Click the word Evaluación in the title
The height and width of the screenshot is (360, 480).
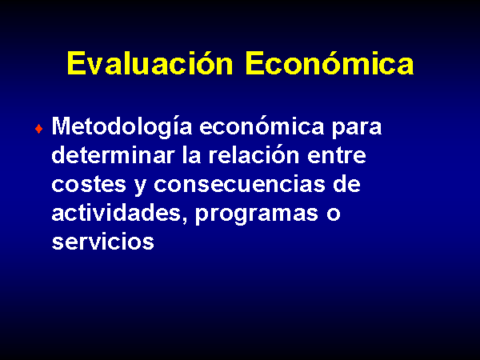150,62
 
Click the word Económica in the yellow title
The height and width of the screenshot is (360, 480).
330,62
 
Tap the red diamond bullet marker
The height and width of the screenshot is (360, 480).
39,129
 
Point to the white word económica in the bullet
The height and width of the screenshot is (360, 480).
262,126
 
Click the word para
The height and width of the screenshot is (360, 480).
357,129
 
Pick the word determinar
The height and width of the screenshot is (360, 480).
113,154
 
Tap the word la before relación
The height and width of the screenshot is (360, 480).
191,154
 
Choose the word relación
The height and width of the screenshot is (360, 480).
254,154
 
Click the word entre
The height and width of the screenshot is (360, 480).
337,155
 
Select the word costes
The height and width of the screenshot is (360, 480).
89,184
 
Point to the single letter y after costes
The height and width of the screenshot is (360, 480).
140,186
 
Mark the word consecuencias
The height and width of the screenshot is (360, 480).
239,184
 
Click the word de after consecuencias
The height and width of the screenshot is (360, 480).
346,183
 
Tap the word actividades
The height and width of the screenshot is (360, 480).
116,212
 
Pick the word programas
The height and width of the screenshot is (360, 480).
257,214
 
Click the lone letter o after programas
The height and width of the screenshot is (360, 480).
334,214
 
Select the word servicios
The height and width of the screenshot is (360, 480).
103,241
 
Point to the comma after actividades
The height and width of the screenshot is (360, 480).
185,221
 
